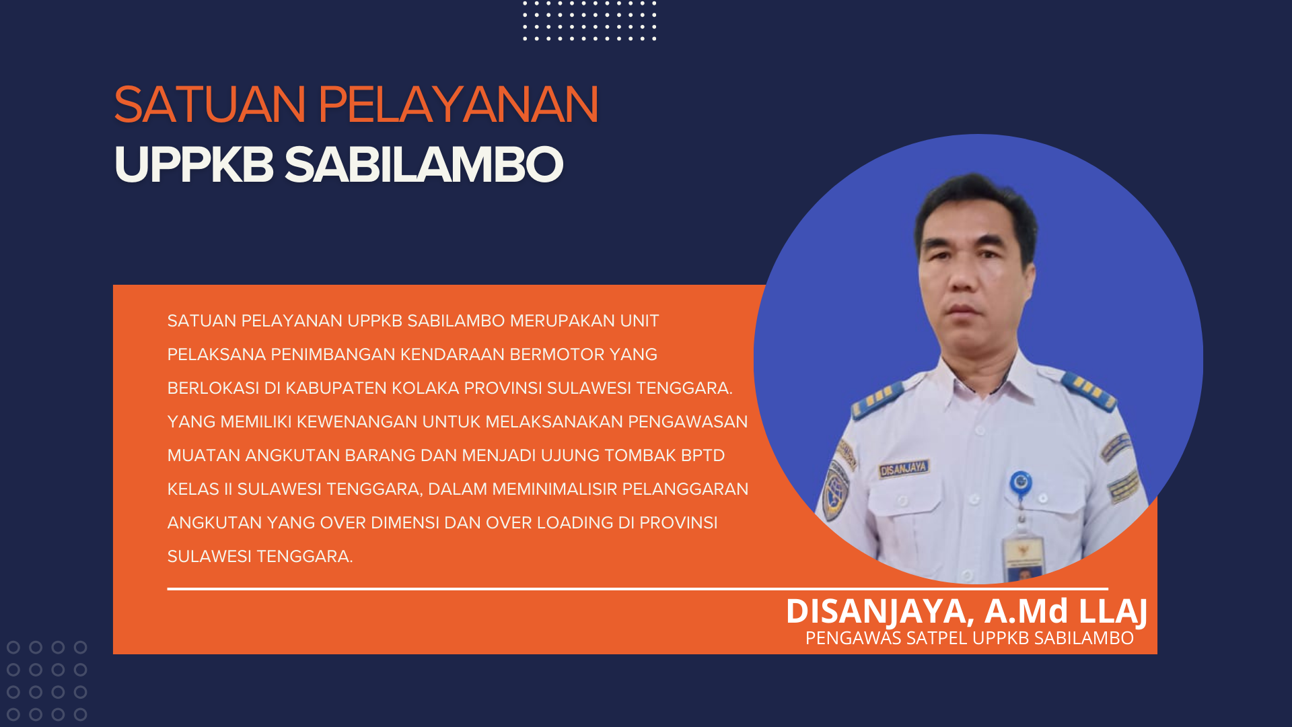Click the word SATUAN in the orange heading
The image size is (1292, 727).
pyautogui.click(x=210, y=105)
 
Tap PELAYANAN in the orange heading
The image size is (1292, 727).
pyautogui.click(x=458, y=105)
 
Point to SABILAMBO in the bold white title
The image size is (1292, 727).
pyautogui.click(x=424, y=164)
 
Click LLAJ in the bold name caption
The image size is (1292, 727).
pyautogui.click(x=1113, y=611)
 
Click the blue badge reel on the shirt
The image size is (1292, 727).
pyautogui.click(x=1021, y=483)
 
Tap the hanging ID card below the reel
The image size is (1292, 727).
pyautogui.click(x=1022, y=559)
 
